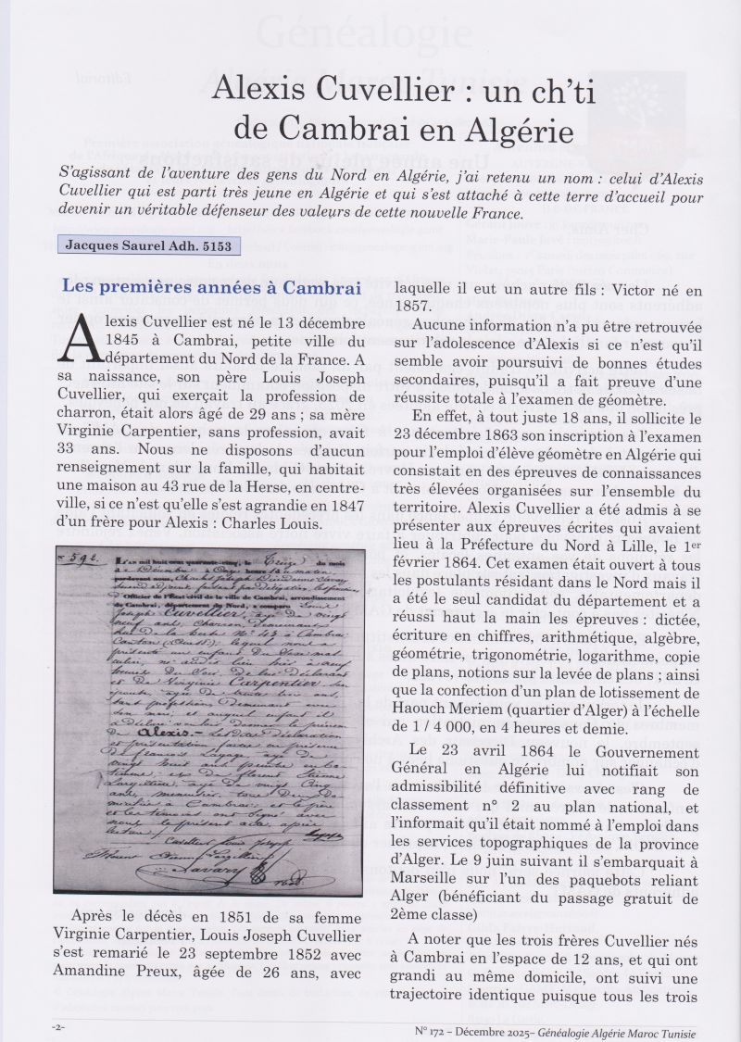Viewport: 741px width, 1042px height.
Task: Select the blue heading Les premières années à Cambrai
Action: click(211, 287)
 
